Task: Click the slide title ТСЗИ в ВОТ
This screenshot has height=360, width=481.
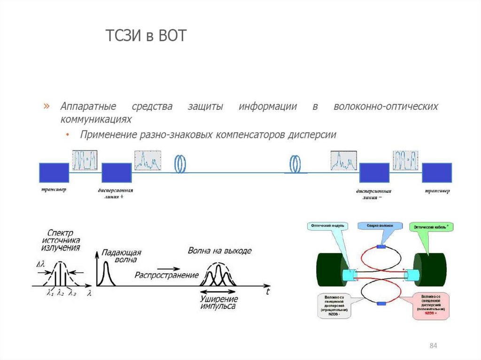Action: point(145,36)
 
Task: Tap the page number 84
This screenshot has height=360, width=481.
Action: point(433,346)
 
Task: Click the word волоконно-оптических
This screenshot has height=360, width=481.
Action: point(386,107)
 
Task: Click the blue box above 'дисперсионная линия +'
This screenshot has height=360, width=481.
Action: point(116,173)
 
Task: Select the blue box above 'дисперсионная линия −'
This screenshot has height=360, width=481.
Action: point(374,173)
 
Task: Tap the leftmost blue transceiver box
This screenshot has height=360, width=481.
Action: point(54,173)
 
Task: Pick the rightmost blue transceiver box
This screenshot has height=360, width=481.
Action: point(437,173)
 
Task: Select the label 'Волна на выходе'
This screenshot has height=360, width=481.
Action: point(219,250)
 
